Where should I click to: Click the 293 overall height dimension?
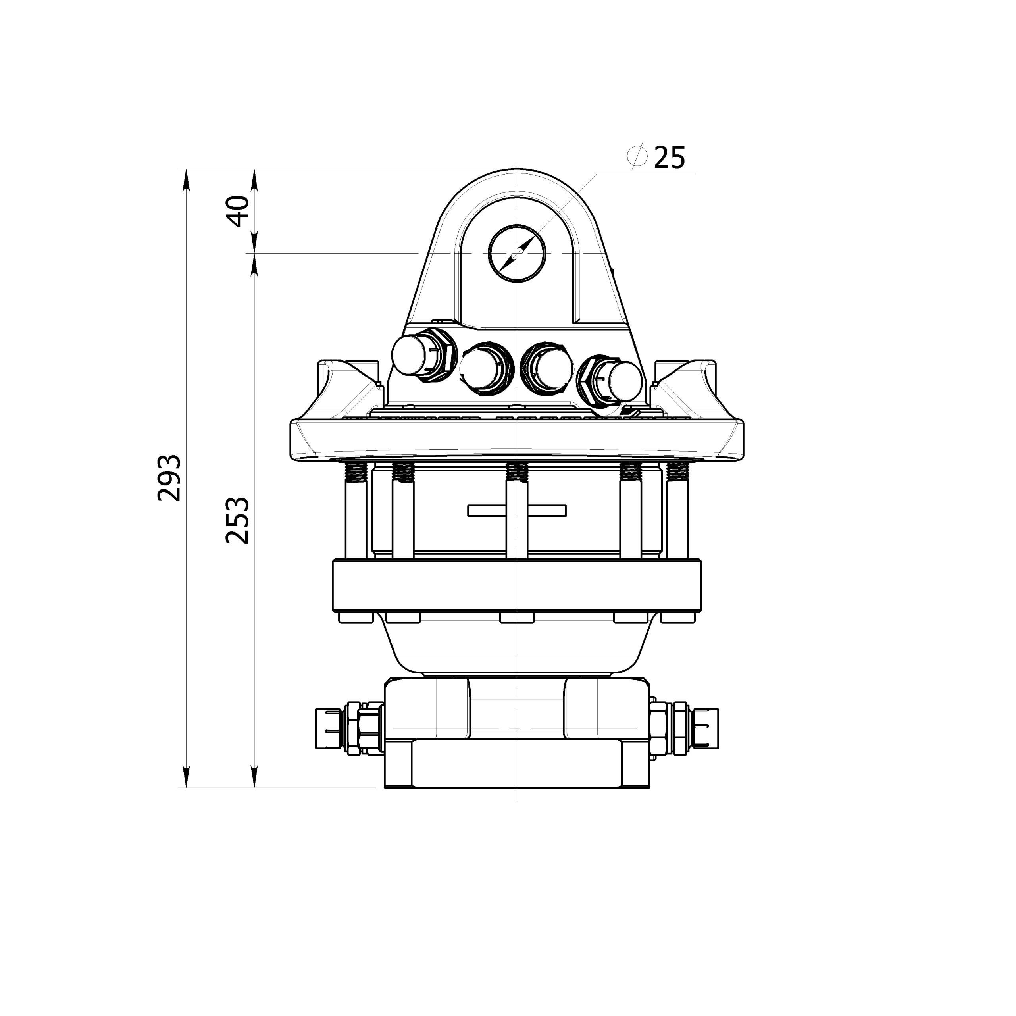(x=170, y=478)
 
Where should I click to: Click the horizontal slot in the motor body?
(x=517, y=510)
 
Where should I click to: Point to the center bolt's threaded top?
(x=517, y=471)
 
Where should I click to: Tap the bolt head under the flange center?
(x=517, y=618)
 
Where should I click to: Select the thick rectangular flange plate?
(x=517, y=586)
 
